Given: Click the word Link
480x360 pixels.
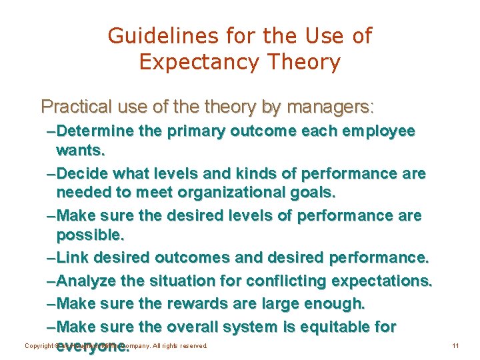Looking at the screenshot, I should [x=72, y=257].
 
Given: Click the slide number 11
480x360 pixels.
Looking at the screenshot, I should [x=455, y=346].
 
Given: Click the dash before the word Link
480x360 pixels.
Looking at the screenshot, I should [x=52, y=257].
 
